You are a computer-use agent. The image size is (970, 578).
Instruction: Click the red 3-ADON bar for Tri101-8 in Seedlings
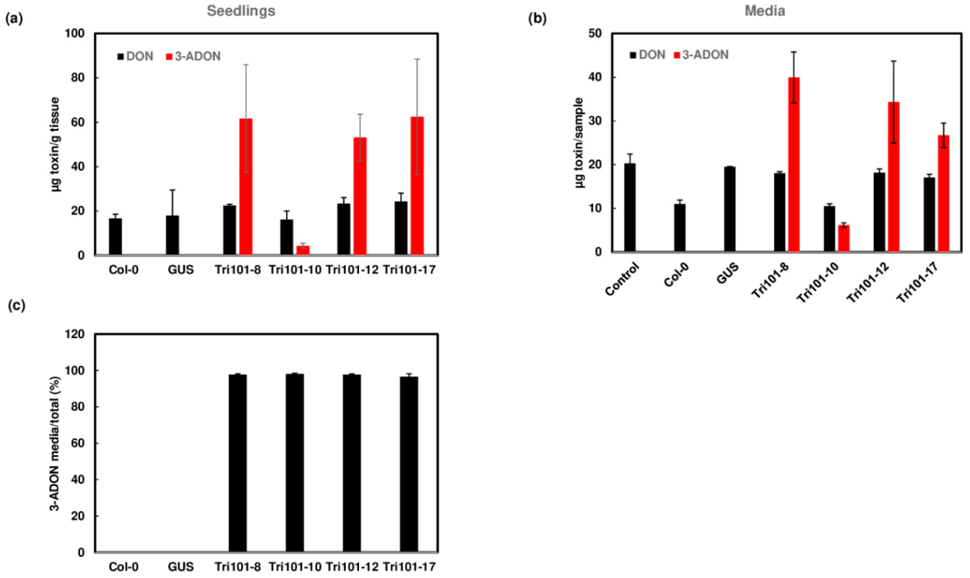[246, 187]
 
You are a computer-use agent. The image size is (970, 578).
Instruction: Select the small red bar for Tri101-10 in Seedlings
[303, 250]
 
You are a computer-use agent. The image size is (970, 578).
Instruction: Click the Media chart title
[765, 11]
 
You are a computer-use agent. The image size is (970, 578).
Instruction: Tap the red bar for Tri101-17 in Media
[943, 193]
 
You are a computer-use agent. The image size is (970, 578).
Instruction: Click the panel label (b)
[537, 19]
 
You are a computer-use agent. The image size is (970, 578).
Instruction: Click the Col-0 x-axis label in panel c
[124, 567]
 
